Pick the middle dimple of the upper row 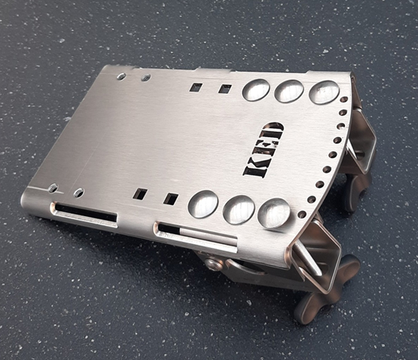click(x=289, y=91)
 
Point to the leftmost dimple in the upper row click(x=256, y=90)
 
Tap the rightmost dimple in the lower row click(x=274, y=213)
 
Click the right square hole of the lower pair click(x=171, y=199)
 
